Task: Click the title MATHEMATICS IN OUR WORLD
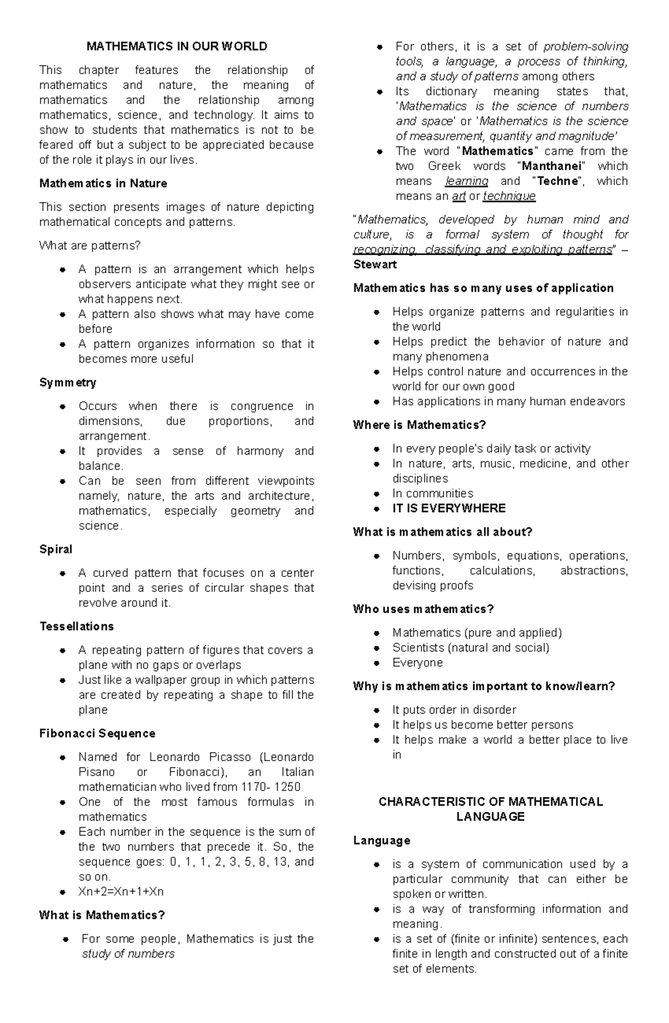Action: click(177, 46)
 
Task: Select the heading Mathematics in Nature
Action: click(103, 183)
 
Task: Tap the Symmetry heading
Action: click(67, 382)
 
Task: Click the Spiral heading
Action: click(56, 549)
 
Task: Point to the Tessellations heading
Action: click(76, 626)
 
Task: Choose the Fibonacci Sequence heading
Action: click(97, 733)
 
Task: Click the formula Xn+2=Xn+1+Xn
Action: click(121, 891)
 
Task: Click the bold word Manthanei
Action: click(551, 166)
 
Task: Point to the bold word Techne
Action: click(557, 181)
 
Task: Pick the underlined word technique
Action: click(509, 196)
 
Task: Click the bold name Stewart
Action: click(375, 264)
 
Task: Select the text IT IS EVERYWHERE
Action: click(449, 508)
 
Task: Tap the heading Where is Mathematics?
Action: click(419, 425)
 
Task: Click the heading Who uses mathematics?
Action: click(423, 609)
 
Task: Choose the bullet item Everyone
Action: click(418, 662)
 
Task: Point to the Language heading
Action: click(381, 840)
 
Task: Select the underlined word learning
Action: click(467, 181)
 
